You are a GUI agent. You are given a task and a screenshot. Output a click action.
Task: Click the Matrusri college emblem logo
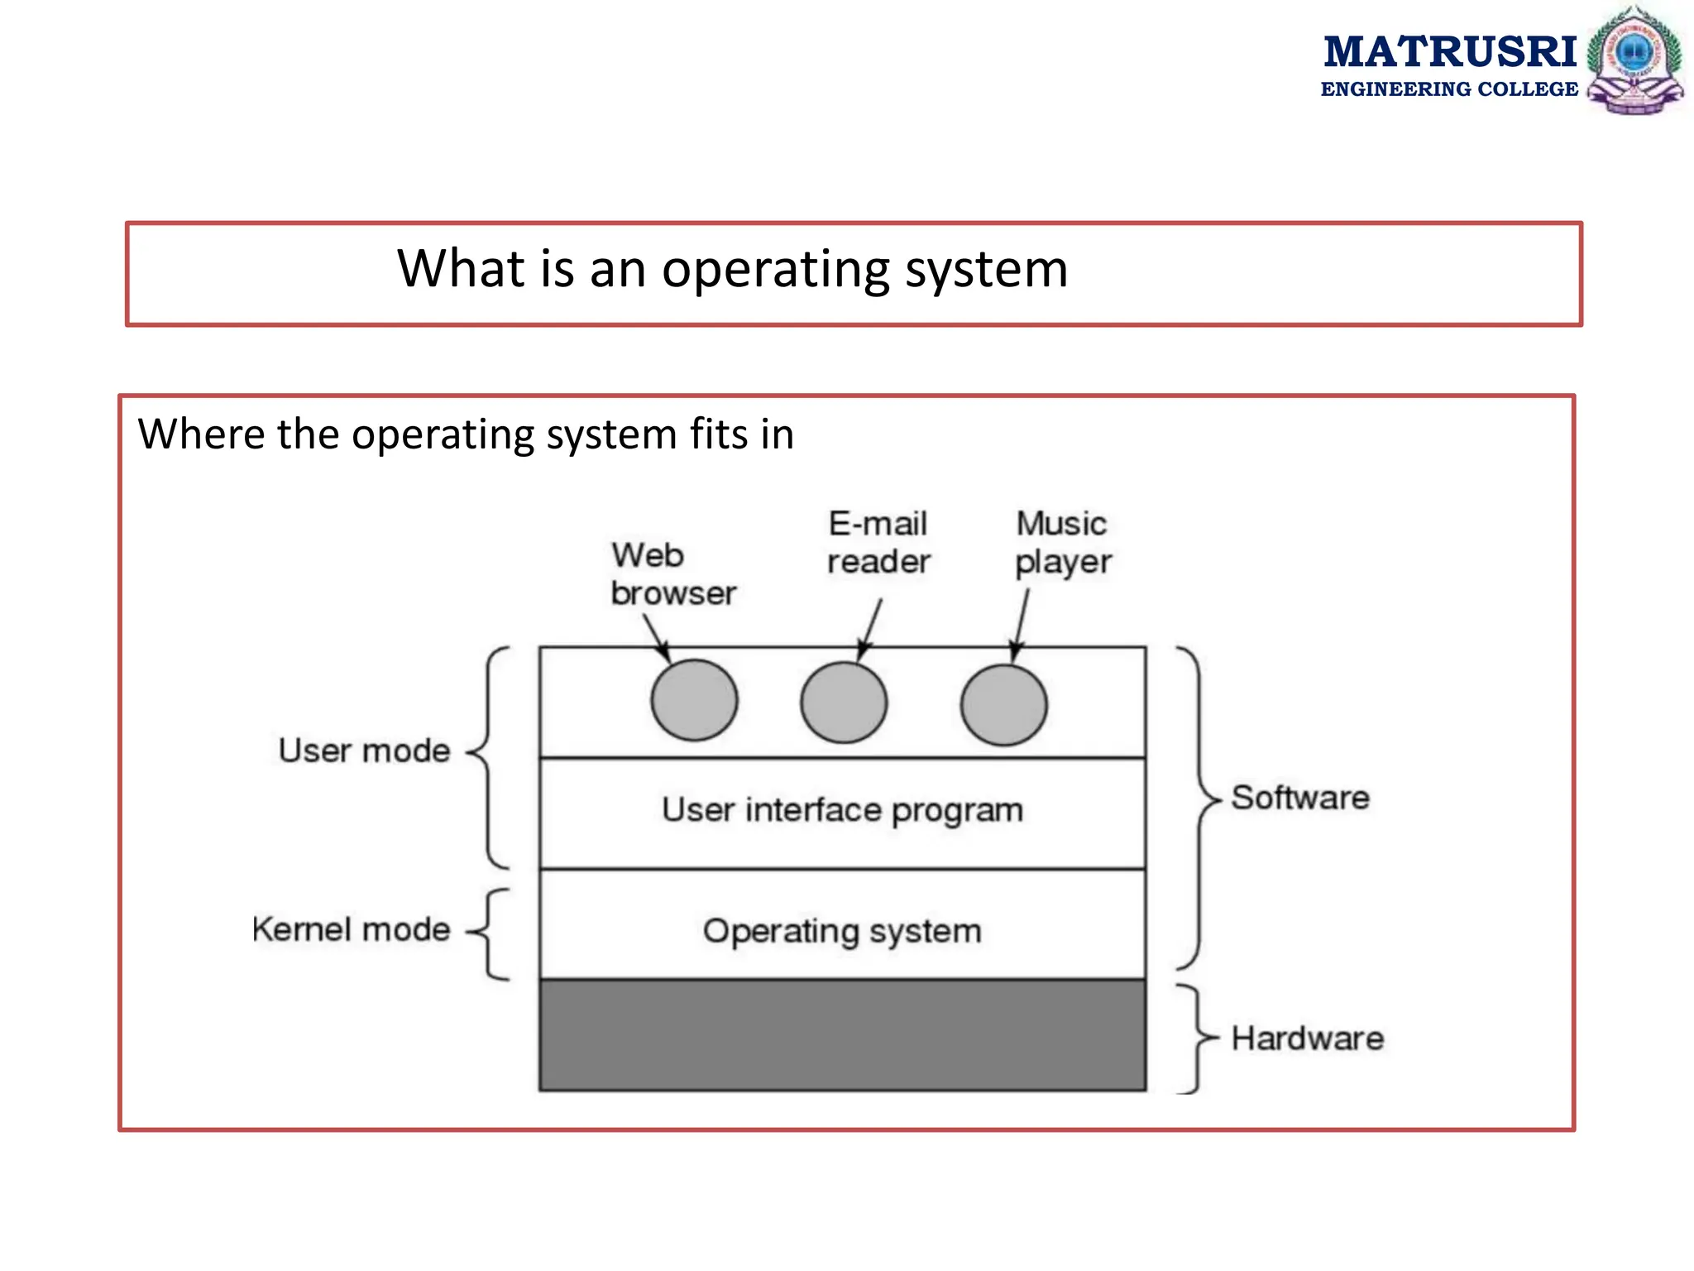pos(1634,60)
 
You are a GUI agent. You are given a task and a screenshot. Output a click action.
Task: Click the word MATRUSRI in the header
pos(1449,51)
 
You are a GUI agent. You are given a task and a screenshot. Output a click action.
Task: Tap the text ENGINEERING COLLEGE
pos(1449,89)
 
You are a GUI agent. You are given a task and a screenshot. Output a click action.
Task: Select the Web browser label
pos(672,574)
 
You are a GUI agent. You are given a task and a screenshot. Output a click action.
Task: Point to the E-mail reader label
pos(878,543)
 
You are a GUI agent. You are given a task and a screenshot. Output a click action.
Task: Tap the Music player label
pos(1063,543)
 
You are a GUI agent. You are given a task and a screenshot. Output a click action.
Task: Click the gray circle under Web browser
pos(694,700)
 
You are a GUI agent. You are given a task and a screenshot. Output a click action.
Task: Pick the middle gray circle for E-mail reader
pos(844,703)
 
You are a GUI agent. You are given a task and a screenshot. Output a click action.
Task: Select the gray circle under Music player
pos(1003,705)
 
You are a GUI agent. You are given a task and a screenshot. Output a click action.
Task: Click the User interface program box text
pos(842,811)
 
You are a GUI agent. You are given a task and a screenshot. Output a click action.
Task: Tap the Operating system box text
pos(842,932)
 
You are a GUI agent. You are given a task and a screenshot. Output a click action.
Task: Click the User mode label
pos(364,751)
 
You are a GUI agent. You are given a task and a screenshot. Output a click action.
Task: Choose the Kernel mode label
pos(352,930)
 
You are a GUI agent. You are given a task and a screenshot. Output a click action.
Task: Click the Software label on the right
pos(1300,799)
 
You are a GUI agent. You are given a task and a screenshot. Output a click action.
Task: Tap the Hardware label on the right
pos(1307,1038)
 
